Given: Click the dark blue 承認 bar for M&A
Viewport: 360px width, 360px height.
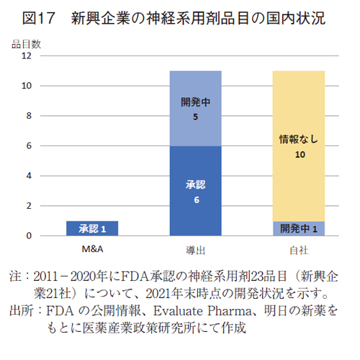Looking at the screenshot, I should pyautogui.click(x=92, y=228).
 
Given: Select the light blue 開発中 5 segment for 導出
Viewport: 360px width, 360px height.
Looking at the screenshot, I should pyautogui.click(x=195, y=108).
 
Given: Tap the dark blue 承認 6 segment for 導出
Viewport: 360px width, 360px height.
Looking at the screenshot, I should pyautogui.click(x=195, y=191).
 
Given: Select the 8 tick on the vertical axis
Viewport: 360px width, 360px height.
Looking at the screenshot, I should pyautogui.click(x=28, y=116).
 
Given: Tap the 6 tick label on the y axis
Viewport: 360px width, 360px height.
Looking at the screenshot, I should pyautogui.click(x=28, y=146).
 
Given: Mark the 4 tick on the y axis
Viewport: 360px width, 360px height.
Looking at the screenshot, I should pyautogui.click(x=28, y=176).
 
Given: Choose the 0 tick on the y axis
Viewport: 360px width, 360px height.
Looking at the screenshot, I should pyautogui.click(x=28, y=235).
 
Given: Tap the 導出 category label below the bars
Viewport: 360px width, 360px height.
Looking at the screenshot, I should pyautogui.click(x=195, y=249).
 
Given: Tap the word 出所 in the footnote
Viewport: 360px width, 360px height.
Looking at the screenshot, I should pyautogui.click(x=20, y=311).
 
